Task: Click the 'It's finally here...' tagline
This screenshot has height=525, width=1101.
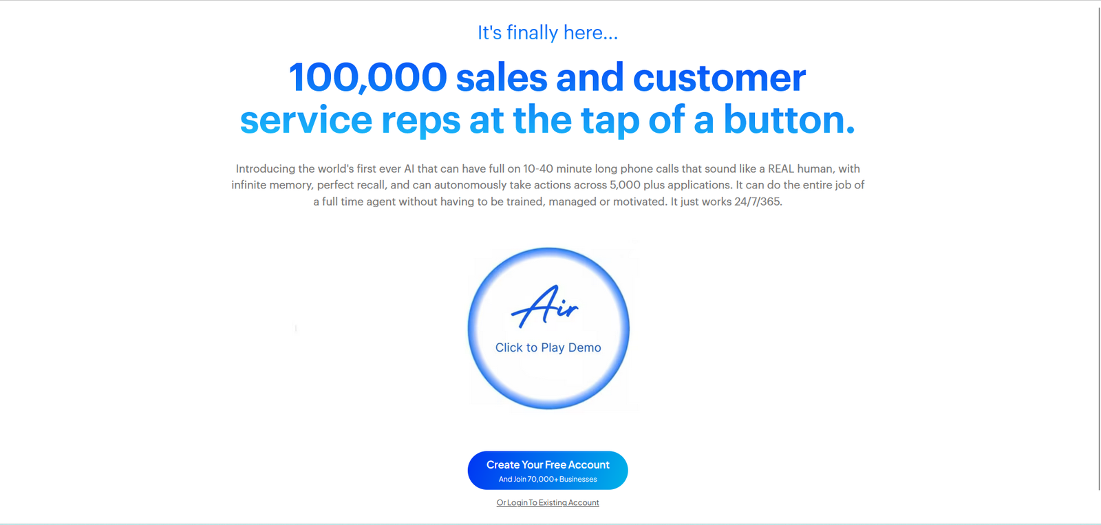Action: point(548,33)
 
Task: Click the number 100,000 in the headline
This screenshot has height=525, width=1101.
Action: point(367,77)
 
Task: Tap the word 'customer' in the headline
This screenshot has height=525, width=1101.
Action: point(719,78)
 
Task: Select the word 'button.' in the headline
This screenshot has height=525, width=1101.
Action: point(789,120)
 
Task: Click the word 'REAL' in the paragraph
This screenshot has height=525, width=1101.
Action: point(781,169)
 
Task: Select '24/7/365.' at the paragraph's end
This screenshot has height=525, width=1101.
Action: point(758,202)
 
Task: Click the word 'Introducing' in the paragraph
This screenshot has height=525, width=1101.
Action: point(266,169)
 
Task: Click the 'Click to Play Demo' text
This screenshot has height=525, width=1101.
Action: point(548,347)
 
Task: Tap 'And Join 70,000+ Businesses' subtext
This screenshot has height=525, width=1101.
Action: point(548,480)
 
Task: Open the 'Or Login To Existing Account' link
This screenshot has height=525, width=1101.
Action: point(548,502)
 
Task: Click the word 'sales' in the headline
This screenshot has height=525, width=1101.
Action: point(502,78)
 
